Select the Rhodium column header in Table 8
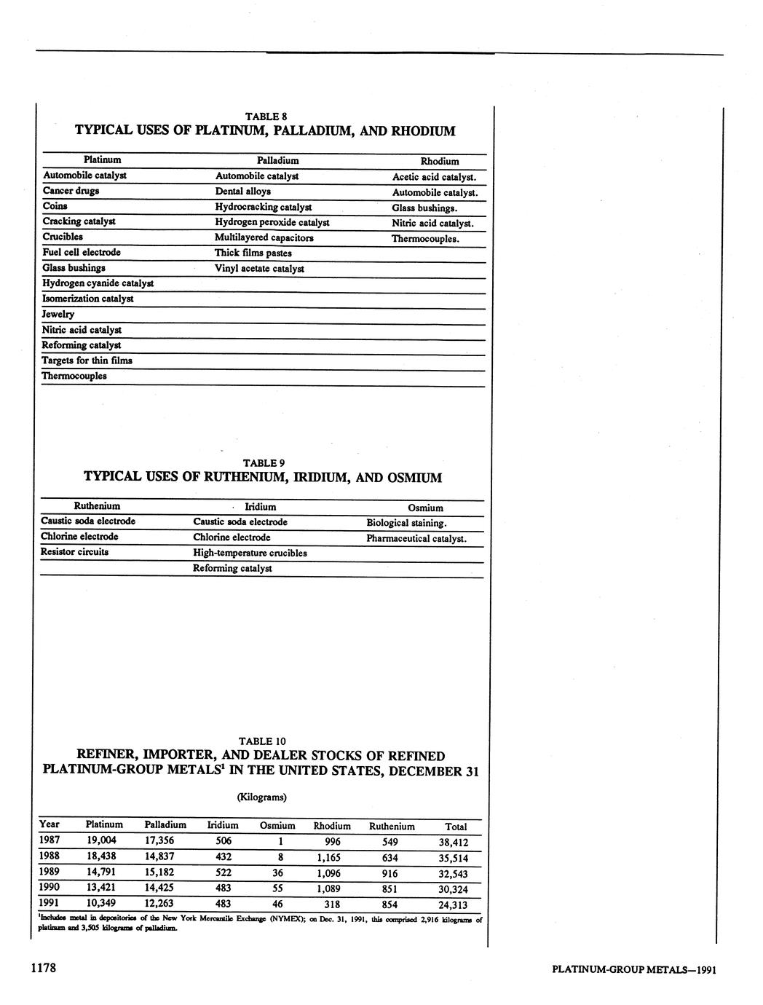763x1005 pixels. [440, 161]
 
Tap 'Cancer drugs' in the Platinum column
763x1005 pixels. [71, 191]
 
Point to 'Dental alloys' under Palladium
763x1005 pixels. [242, 192]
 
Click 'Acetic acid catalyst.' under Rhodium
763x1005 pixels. [435, 177]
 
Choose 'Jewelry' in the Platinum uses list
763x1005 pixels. [58, 314]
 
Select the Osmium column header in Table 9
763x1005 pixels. [425, 508]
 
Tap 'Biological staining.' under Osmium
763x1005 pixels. [406, 523]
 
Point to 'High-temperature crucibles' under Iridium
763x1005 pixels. [250, 553]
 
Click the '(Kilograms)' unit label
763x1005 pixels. [262, 797]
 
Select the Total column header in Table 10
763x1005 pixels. [456, 827]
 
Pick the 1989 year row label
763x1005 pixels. [50, 872]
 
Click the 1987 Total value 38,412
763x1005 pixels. [454, 843]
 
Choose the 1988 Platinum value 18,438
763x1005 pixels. [103, 856]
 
